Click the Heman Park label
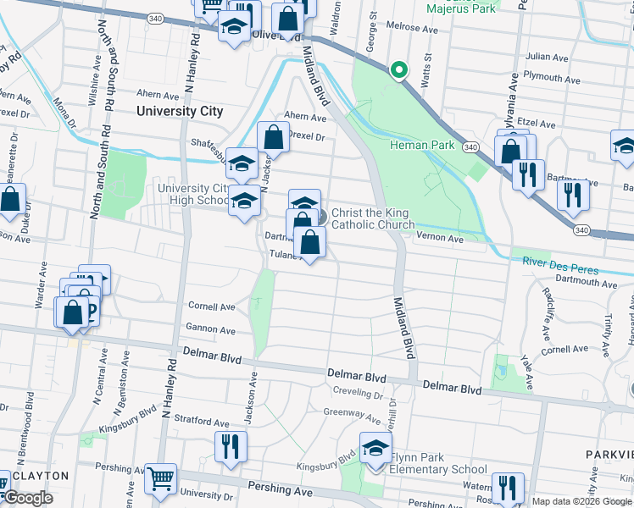(x=422, y=145)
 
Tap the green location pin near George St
(x=398, y=70)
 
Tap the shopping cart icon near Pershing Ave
(x=160, y=478)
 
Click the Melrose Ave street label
(x=411, y=29)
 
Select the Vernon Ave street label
(x=440, y=240)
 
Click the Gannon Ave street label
(x=211, y=329)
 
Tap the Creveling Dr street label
(x=359, y=394)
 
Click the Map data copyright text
(x=581, y=501)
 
